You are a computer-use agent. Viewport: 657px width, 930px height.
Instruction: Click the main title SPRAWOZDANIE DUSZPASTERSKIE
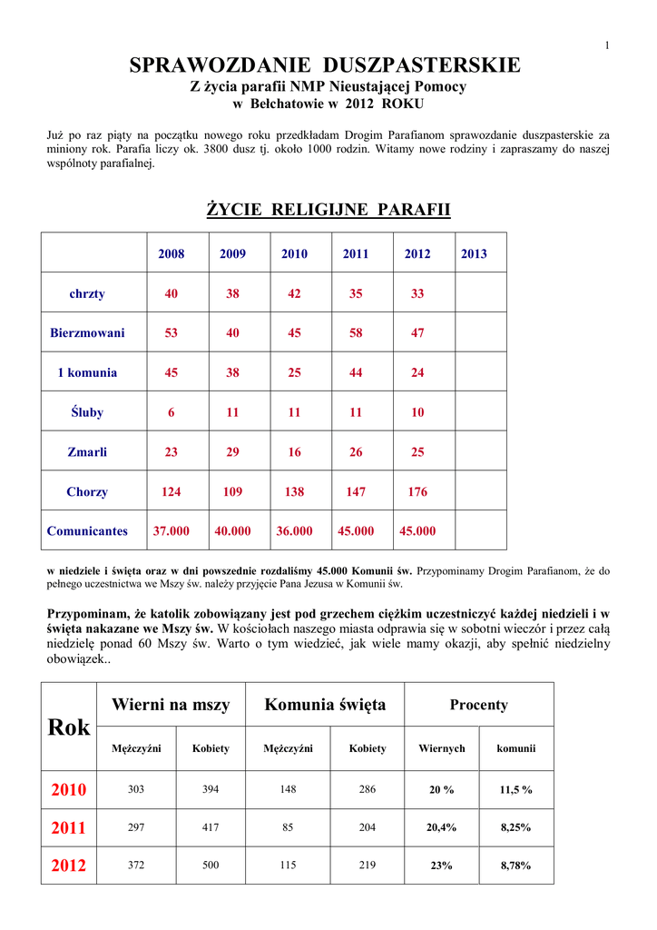click(x=325, y=65)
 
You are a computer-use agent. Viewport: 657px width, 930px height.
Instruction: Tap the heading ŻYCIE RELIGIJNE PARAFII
click(x=328, y=210)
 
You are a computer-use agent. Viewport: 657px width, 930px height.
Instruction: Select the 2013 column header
click(x=474, y=254)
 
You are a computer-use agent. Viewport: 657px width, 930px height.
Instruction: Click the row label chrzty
click(x=87, y=293)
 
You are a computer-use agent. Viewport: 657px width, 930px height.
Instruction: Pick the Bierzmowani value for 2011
click(x=356, y=333)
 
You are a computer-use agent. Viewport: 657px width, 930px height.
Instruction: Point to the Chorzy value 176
click(x=417, y=491)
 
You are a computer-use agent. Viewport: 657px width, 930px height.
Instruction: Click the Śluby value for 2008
click(x=171, y=412)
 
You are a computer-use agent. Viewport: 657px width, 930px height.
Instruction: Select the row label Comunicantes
click(x=87, y=531)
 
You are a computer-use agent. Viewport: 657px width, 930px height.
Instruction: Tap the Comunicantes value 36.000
click(x=294, y=531)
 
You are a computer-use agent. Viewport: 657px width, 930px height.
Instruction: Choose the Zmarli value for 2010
click(x=294, y=452)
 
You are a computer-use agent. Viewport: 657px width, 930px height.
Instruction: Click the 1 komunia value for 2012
click(x=417, y=372)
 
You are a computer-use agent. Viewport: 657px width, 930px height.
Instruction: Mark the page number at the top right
click(x=606, y=45)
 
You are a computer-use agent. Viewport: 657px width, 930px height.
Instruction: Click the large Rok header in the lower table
click(x=69, y=727)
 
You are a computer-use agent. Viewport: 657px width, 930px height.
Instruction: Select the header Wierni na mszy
click(x=171, y=705)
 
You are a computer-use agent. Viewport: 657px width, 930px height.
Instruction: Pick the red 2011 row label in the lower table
click(x=69, y=828)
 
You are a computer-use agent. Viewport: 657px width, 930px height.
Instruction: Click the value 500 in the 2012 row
click(x=211, y=866)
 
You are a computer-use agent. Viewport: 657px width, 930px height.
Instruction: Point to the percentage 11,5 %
click(x=516, y=790)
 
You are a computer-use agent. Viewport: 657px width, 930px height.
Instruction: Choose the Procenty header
click(x=478, y=705)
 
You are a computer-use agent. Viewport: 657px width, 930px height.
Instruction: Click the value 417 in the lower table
click(x=211, y=827)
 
